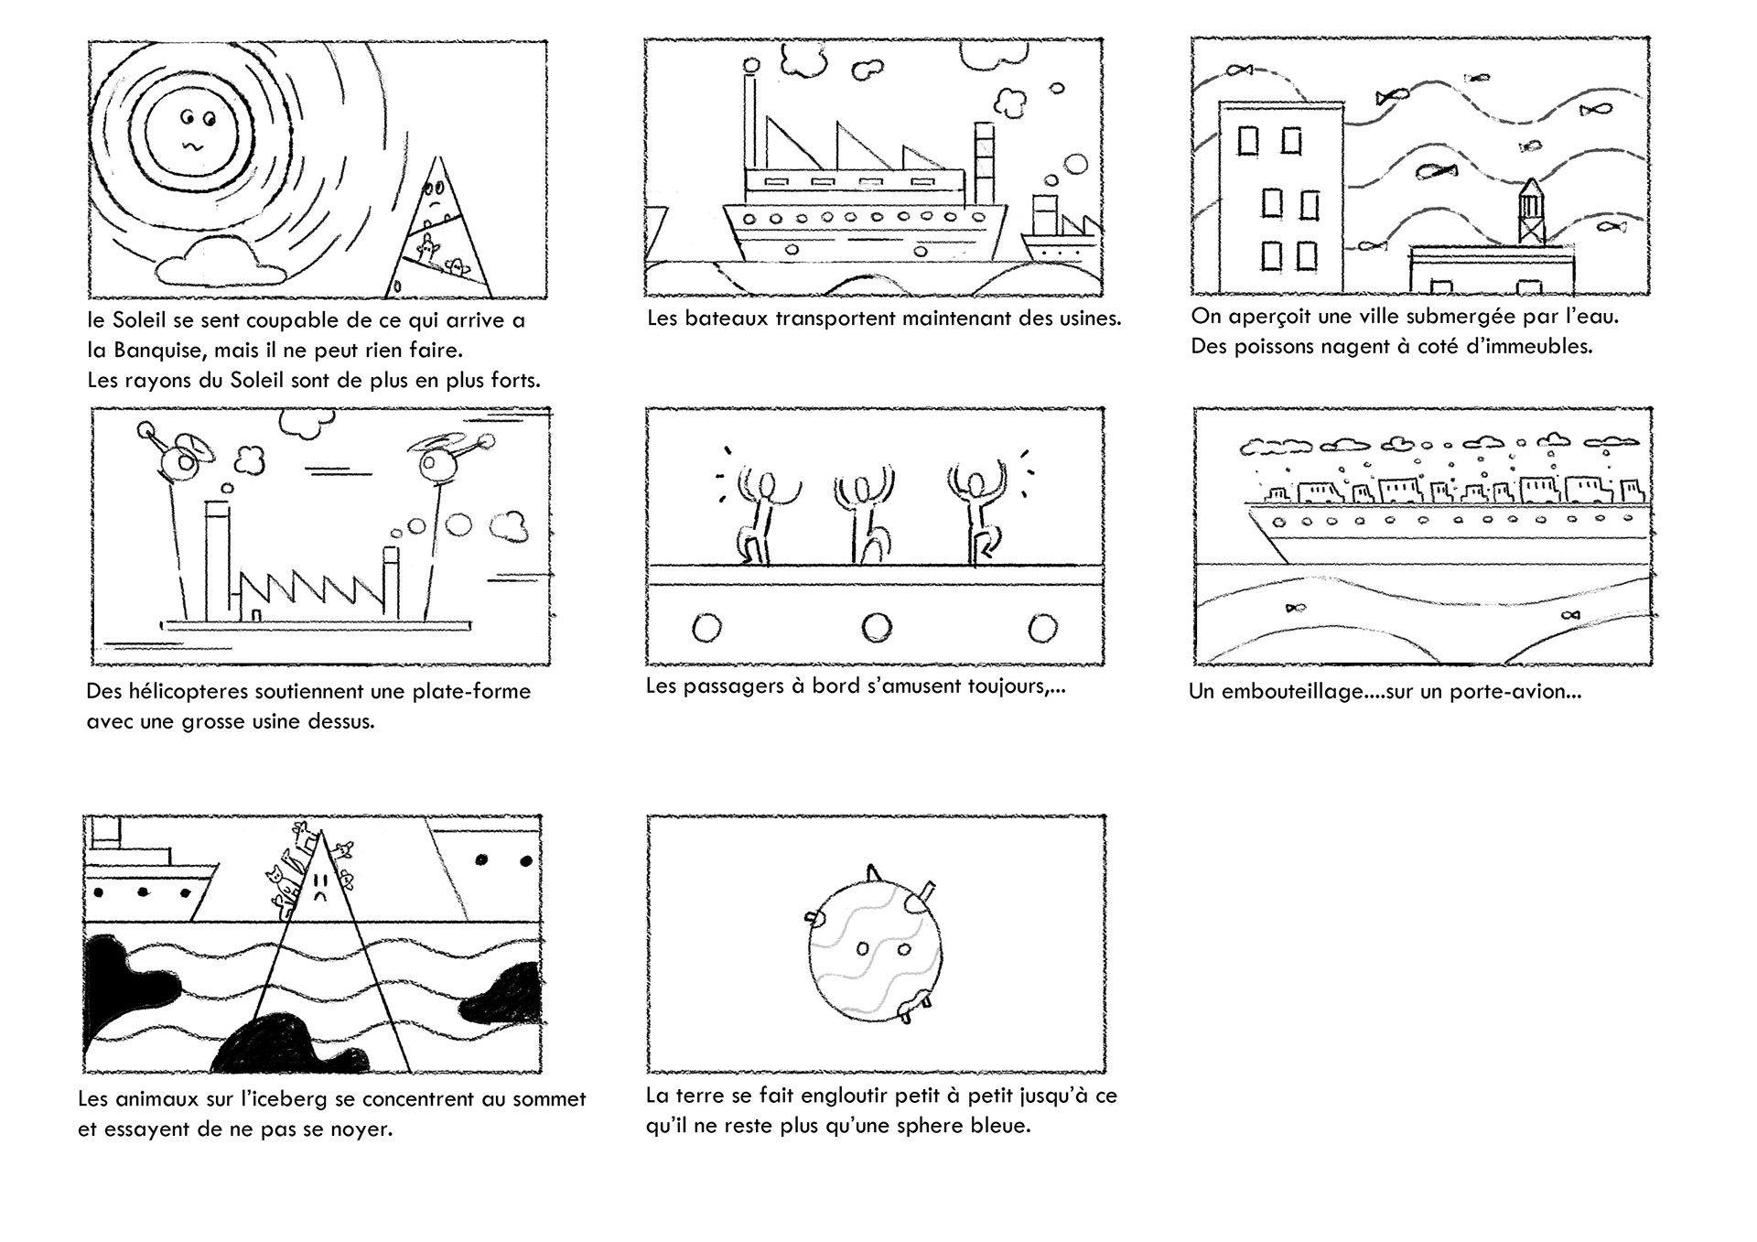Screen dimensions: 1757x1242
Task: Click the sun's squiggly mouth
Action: coord(193,146)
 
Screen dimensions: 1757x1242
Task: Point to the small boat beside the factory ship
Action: coord(1059,229)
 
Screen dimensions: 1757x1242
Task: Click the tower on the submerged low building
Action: coord(1531,213)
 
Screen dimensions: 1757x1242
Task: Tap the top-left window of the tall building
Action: coord(1248,141)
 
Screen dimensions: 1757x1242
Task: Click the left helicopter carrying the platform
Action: coord(176,451)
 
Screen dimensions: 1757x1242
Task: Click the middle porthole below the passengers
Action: coord(876,627)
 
